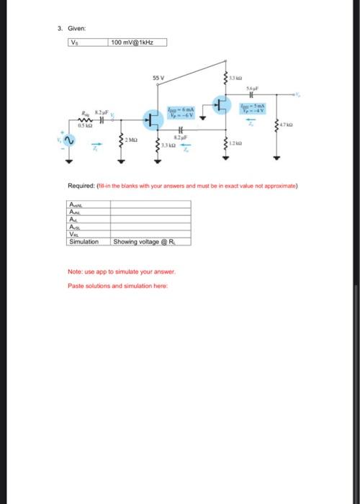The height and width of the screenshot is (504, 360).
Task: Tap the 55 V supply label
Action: click(158, 76)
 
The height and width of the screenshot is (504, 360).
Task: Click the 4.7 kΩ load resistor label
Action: click(287, 127)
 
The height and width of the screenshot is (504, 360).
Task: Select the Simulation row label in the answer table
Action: click(84, 242)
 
